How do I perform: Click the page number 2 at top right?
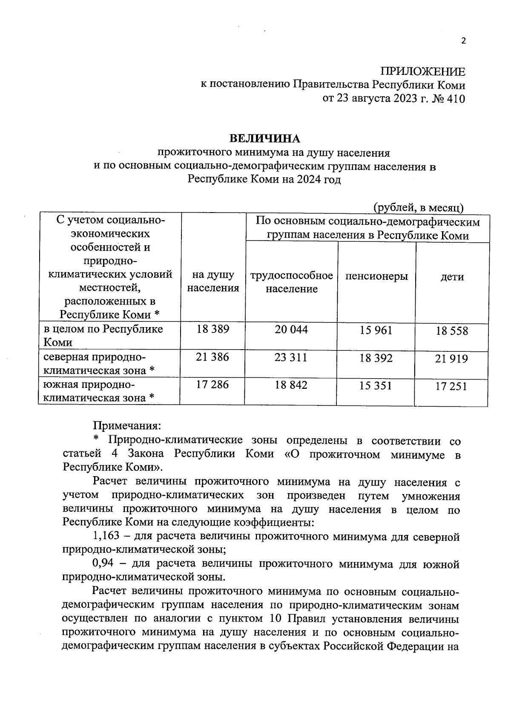coord(464,41)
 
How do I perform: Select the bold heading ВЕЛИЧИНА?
coord(265,139)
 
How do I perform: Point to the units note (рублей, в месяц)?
coord(419,207)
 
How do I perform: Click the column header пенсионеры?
coord(376,276)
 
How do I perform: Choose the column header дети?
coord(452,276)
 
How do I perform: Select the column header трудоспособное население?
coord(292,282)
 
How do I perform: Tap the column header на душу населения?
coord(213,281)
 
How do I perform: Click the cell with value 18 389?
coord(213,329)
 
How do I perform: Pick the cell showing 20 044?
coord(291,329)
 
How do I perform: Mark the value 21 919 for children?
coord(451,359)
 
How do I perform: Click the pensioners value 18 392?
coord(376,358)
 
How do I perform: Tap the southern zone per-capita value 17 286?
coord(212,385)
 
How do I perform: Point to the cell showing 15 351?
coord(376,386)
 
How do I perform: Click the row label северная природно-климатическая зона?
coord(99,364)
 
